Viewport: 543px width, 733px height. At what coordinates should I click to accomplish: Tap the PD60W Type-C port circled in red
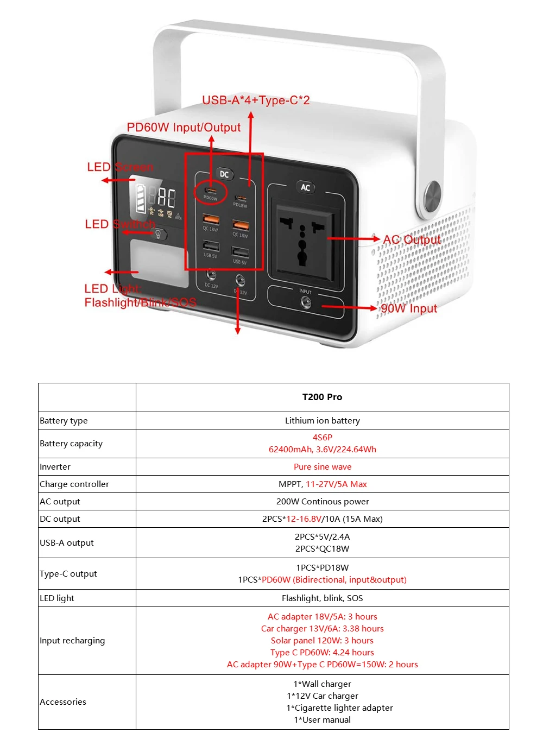tap(210, 191)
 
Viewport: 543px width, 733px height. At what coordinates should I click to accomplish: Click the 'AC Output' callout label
tap(412, 239)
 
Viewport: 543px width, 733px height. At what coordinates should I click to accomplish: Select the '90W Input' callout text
tap(408, 308)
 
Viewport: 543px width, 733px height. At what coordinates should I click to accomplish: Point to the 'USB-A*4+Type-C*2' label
tap(256, 100)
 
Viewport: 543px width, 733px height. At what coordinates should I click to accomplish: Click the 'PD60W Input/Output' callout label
tap(184, 128)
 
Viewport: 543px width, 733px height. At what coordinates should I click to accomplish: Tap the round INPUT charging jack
tap(306, 302)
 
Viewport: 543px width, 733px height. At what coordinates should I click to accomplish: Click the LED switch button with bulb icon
tap(159, 234)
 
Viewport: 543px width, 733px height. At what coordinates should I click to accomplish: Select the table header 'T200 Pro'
tap(322, 397)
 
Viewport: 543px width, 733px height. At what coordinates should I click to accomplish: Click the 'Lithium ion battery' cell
tap(322, 420)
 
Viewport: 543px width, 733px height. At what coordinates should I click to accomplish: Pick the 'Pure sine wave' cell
tap(322, 466)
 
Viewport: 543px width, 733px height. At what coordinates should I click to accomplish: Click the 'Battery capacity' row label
tap(71, 443)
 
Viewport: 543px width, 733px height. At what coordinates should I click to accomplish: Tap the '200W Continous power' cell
tap(322, 501)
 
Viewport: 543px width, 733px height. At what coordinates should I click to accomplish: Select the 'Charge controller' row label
tap(74, 484)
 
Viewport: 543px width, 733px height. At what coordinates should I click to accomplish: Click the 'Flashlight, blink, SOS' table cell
tap(322, 598)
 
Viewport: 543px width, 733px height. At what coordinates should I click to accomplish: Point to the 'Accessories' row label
tap(63, 702)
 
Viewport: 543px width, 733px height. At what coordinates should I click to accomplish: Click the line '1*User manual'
tap(322, 719)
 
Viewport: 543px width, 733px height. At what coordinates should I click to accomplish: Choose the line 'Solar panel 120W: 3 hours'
tap(322, 640)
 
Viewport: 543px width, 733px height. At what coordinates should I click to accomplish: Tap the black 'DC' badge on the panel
tap(224, 174)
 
